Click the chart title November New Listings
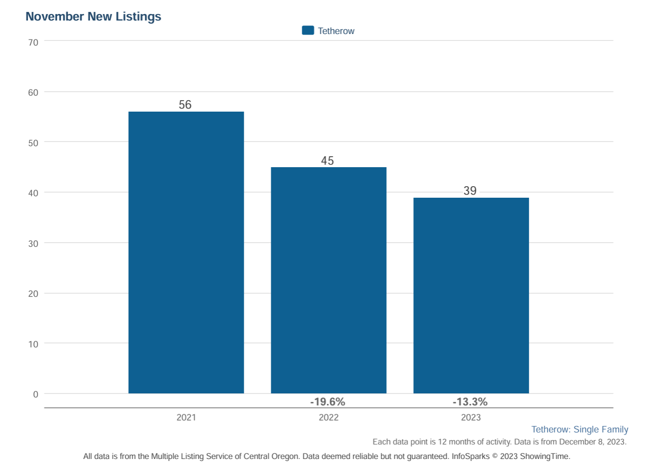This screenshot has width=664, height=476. point(93,17)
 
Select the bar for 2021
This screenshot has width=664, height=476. point(186,252)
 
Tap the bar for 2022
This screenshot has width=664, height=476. point(328,280)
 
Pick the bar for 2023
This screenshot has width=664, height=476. point(471,295)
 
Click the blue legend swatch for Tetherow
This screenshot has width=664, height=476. point(308,31)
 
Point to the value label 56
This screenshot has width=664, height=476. point(185,105)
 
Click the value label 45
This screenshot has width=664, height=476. point(327,161)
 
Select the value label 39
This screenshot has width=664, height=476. point(470,191)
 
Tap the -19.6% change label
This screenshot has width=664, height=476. point(328,402)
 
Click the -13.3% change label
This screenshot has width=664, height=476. point(470,402)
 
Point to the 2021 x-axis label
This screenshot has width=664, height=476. point(186,417)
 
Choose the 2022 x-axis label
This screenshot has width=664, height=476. point(328,417)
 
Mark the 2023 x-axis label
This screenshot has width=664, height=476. point(471,417)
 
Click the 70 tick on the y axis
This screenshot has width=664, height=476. point(33,43)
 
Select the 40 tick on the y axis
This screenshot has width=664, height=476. point(33,193)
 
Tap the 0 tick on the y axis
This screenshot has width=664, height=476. point(36,394)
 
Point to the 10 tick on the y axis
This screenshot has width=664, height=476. point(33,344)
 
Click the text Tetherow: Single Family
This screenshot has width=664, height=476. point(579,429)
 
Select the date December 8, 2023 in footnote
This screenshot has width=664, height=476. point(592,442)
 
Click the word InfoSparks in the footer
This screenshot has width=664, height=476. point(470,456)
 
